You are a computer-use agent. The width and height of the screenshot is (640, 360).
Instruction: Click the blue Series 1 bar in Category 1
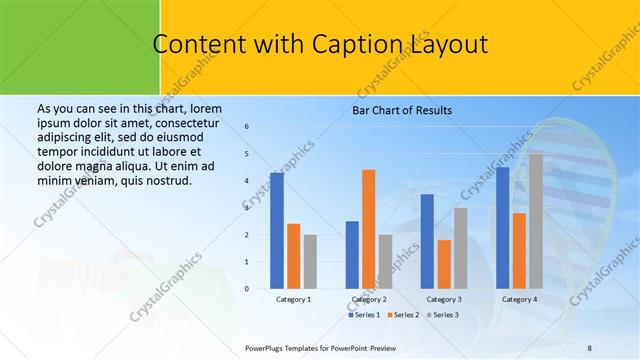tap(277, 231)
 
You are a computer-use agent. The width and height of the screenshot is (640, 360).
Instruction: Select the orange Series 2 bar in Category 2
tap(368, 229)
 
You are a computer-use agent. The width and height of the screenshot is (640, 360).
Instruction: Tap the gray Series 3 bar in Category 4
tap(536, 221)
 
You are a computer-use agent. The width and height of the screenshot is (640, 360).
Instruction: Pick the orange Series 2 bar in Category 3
tap(444, 264)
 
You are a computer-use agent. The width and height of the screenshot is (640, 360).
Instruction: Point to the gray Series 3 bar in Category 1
tap(310, 262)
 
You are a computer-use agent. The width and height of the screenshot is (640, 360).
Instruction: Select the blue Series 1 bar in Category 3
tap(427, 241)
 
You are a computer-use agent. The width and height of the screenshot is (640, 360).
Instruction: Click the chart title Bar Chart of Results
tap(402, 110)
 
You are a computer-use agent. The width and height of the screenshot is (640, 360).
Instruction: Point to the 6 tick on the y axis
tap(247, 127)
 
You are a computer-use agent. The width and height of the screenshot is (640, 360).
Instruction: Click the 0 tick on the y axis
tap(247, 289)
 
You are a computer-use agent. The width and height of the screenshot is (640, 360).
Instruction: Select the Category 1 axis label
tap(293, 299)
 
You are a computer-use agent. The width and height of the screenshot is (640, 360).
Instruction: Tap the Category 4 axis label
tap(519, 299)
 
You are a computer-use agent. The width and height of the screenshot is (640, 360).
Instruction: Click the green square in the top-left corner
tap(80, 45)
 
